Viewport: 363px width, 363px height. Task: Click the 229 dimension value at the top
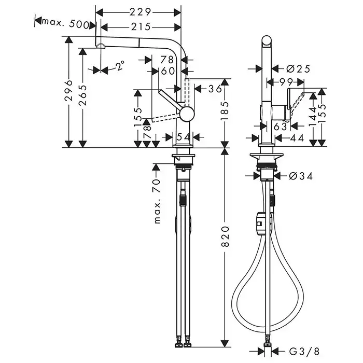[x=141, y=12]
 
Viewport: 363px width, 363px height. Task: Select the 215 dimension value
[x=141, y=27]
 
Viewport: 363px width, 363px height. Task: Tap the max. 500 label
[x=65, y=24]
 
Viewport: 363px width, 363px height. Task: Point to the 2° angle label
[x=120, y=65]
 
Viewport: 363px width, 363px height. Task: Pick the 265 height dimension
[x=82, y=95]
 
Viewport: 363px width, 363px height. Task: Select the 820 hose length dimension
[x=225, y=236]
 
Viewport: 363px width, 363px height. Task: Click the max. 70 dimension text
[x=157, y=201]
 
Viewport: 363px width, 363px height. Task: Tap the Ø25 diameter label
[x=298, y=69]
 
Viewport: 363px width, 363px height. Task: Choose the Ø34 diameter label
[x=301, y=176]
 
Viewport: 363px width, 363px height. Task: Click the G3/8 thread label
[x=304, y=352]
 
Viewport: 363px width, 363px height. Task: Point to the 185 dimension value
[x=225, y=111]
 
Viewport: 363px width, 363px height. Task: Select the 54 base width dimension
[x=184, y=137]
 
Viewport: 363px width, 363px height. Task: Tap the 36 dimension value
[x=215, y=89]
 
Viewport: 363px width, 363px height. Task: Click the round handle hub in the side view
[x=187, y=114]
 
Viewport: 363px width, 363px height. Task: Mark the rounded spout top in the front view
[x=267, y=41]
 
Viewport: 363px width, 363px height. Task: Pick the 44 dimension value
[x=297, y=138]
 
